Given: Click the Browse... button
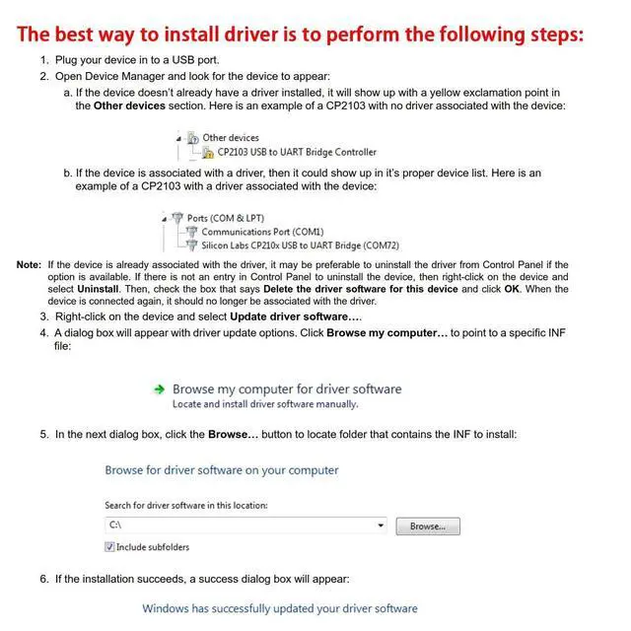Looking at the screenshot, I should [x=428, y=526].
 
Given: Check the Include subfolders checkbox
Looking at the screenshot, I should [x=109, y=547].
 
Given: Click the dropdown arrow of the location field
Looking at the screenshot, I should [x=381, y=526].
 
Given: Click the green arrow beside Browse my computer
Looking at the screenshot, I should [x=159, y=389].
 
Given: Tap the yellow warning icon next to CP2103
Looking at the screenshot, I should [x=208, y=153].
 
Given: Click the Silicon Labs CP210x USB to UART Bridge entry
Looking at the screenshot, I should [x=300, y=245].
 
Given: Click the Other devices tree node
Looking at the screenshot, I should [x=231, y=138].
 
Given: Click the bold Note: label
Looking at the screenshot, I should [x=30, y=265].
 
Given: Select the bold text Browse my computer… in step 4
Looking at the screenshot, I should [x=387, y=333].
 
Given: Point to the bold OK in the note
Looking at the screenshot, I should [x=512, y=289].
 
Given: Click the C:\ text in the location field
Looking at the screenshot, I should [x=114, y=526].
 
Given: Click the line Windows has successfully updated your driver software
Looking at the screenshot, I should [x=280, y=608].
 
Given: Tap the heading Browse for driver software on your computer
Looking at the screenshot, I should [x=222, y=470].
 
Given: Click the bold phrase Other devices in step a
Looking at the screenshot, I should [x=129, y=105].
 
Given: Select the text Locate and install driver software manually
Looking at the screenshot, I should [x=265, y=404].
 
